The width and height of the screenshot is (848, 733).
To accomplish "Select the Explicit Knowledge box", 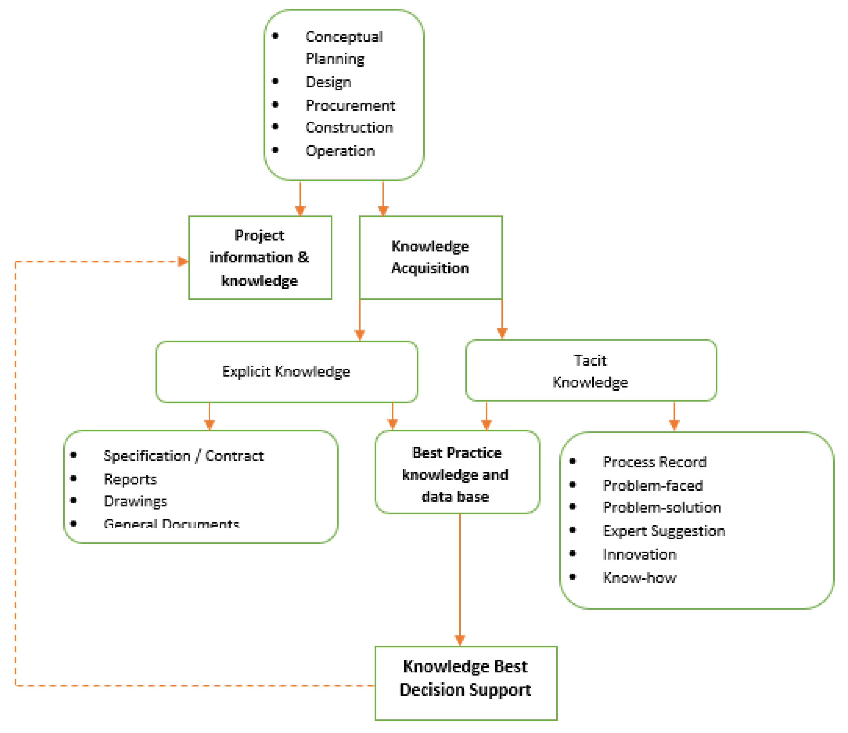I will click(x=286, y=371).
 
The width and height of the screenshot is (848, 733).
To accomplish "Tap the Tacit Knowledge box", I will click(x=591, y=371).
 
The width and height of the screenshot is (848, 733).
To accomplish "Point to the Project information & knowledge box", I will click(x=260, y=258).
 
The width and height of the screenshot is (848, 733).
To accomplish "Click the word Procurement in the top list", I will click(x=350, y=106).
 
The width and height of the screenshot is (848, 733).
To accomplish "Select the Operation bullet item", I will click(x=340, y=151).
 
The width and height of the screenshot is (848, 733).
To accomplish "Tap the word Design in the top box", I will click(x=328, y=82).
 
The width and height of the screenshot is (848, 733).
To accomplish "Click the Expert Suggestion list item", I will click(x=664, y=531).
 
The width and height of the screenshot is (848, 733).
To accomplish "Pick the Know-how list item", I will click(x=639, y=578).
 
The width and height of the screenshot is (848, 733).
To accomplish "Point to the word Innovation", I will click(x=639, y=554).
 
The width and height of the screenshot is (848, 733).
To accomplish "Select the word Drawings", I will click(x=135, y=501).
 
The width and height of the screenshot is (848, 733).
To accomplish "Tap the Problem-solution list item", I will click(x=662, y=508).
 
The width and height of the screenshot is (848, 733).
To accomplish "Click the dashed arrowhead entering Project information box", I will click(x=183, y=261).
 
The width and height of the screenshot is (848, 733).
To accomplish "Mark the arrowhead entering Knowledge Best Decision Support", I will click(x=460, y=640).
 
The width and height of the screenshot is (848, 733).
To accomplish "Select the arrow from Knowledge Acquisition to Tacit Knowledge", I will click(x=502, y=319).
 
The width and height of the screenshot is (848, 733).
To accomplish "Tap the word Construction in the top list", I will click(x=349, y=128).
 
